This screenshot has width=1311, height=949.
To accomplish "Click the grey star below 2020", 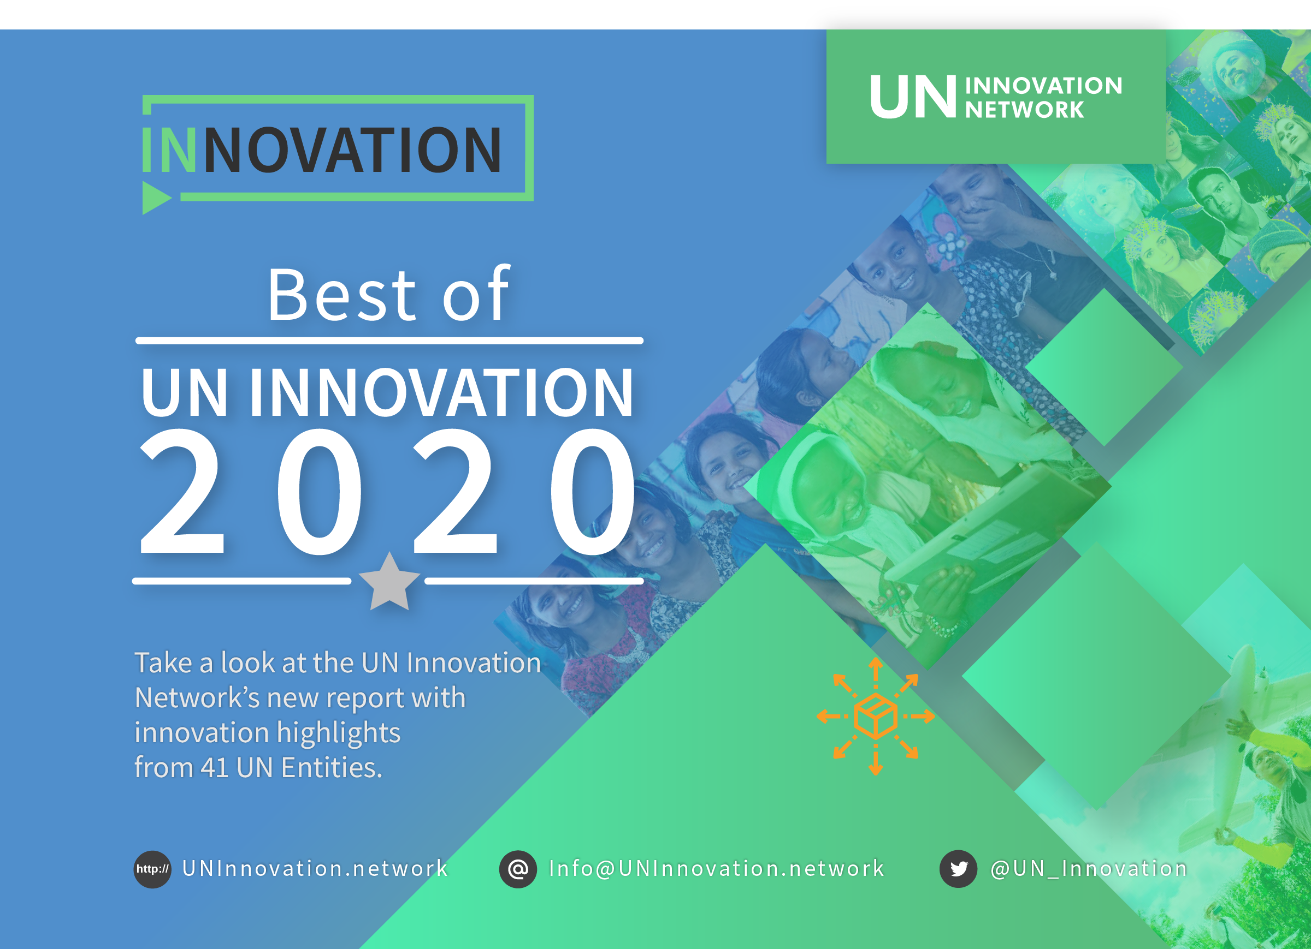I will click(x=389, y=582).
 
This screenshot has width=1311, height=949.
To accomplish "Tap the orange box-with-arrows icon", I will click(x=875, y=715).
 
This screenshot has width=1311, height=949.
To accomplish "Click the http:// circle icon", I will click(x=152, y=869).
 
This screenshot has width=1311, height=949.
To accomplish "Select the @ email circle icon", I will click(x=518, y=869).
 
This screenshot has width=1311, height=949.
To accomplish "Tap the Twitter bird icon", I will click(x=958, y=869).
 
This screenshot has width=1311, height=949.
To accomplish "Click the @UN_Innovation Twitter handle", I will click(x=1089, y=869).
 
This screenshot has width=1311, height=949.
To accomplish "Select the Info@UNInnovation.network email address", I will click(x=716, y=869).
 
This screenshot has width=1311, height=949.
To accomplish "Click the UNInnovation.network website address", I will click(x=315, y=869).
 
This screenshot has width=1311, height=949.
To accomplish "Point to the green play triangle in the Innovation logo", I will click(x=155, y=198).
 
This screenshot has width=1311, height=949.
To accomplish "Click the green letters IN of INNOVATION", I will click(x=169, y=150).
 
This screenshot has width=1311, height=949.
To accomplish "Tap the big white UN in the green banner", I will click(x=913, y=97).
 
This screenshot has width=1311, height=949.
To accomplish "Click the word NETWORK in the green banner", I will click(x=1024, y=110).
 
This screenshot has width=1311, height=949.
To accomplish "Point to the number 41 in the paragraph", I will click(x=215, y=768).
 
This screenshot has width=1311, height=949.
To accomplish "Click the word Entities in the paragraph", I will click(x=331, y=768).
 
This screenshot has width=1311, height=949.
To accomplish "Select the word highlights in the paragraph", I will click(x=339, y=733).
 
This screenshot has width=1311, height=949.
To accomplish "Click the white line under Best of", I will click(x=389, y=341).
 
